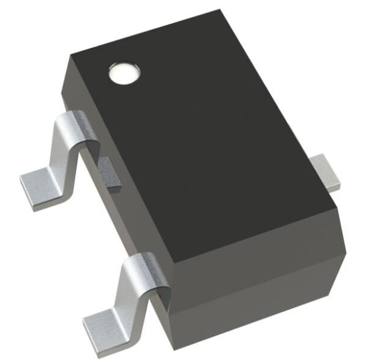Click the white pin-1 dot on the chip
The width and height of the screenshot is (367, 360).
(x=124, y=73)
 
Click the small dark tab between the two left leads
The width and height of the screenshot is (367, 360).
(x=109, y=171)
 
